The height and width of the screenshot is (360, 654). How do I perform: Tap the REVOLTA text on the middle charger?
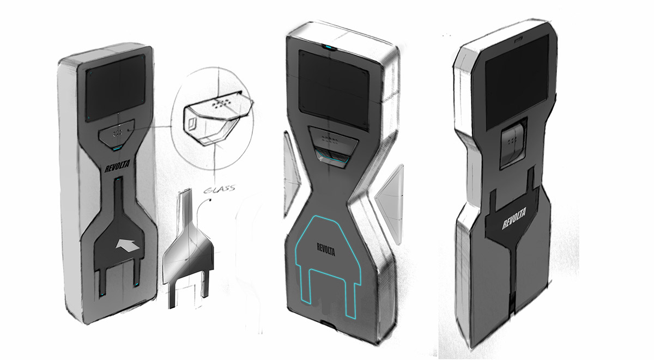326,249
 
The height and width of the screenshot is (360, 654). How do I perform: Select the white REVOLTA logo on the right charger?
514,218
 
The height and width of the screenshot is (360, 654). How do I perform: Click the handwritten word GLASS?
220,190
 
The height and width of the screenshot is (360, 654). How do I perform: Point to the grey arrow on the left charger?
128,245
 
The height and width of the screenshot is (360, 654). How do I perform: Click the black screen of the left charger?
116,88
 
